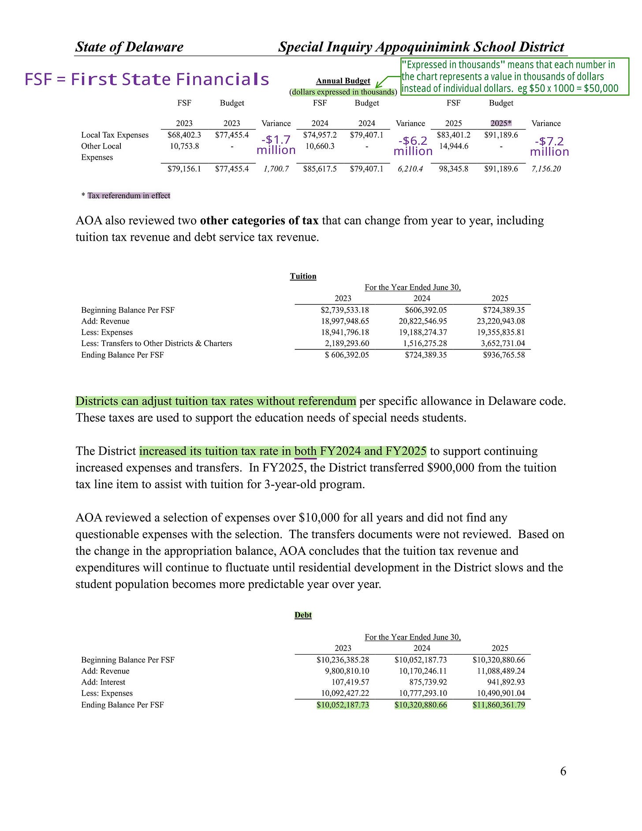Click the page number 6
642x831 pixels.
coord(563,771)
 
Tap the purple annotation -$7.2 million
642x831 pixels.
coord(549,146)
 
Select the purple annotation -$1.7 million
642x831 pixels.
coord(276,145)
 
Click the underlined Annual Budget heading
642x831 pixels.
coord(343,81)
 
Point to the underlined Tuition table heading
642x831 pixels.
coord(303,276)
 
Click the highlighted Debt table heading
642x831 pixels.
coord(303,615)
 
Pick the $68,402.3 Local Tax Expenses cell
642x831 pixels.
coord(184,135)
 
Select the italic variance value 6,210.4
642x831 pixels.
coord(410,168)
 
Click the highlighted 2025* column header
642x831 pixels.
coord(501,124)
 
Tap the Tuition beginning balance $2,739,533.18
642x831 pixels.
coord(345,310)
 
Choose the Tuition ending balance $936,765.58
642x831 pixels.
coord(504,355)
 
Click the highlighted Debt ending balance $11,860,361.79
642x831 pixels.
coord(499,705)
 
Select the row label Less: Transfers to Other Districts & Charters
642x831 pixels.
coord(157,343)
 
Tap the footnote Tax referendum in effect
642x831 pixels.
coord(128,195)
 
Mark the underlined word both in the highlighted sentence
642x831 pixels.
coord(305,451)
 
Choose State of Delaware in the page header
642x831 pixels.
coord(129,47)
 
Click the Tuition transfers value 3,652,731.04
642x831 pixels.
coord(503,343)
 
